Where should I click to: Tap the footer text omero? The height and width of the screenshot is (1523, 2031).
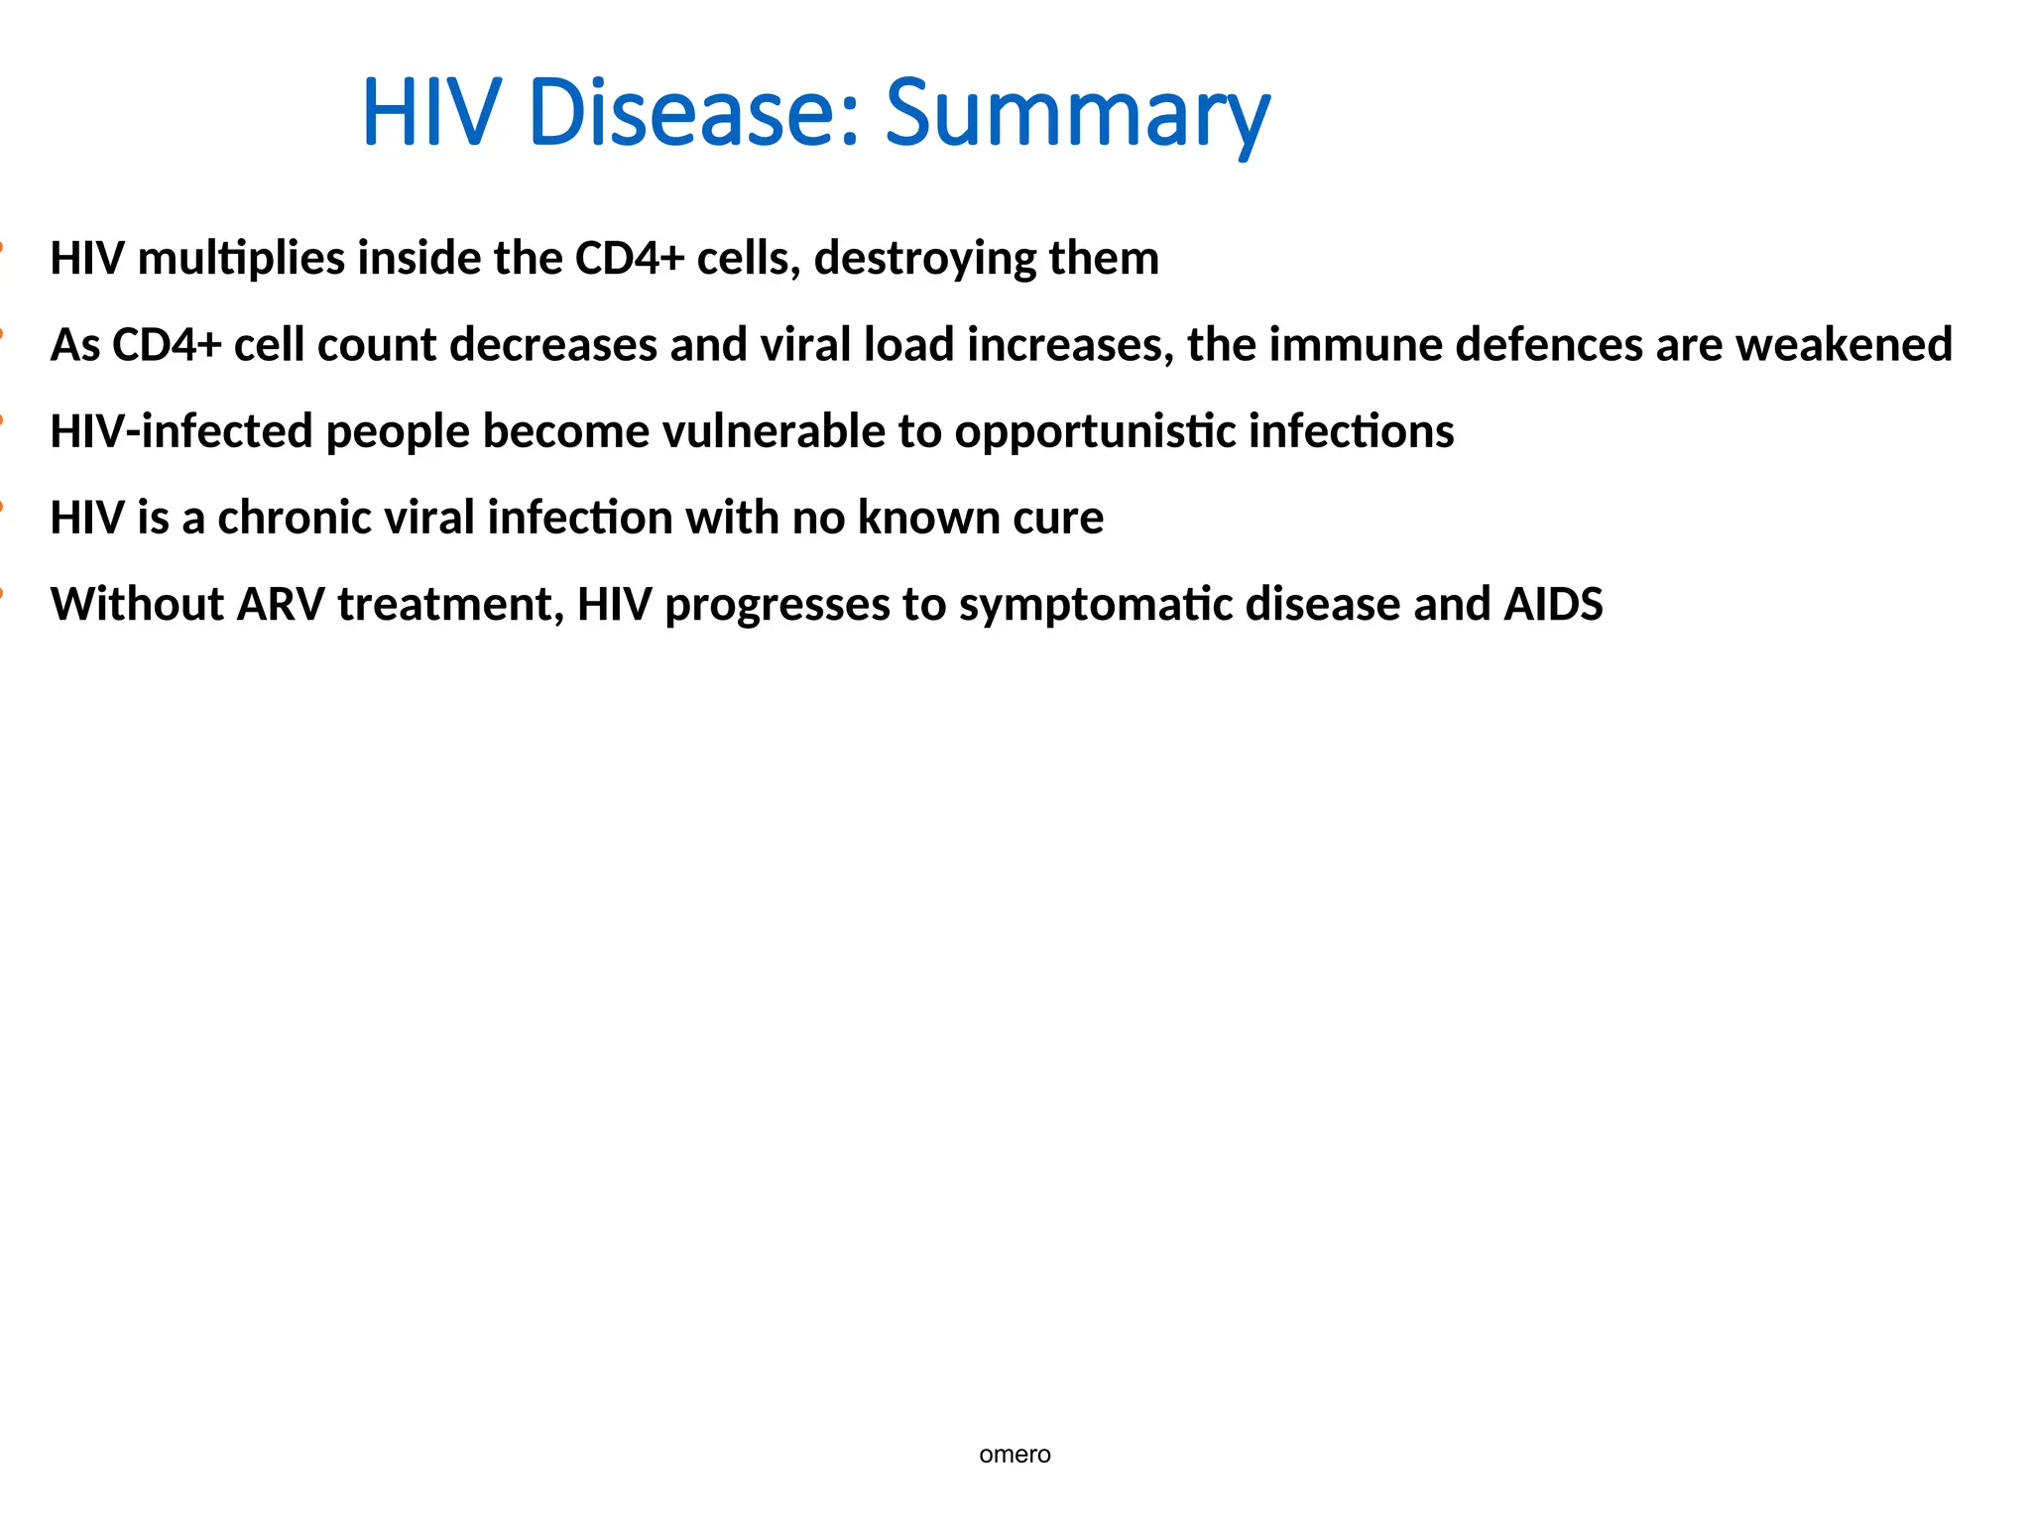pyautogui.click(x=1015, y=1455)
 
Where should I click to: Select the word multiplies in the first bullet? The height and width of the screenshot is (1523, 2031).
pyautogui.click(x=241, y=258)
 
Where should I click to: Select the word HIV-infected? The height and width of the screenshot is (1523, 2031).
pyautogui.click(x=181, y=431)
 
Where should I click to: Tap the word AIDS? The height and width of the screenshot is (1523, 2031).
pyautogui.click(x=1553, y=604)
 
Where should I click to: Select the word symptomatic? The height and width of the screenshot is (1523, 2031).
pyautogui.click(x=1096, y=604)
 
